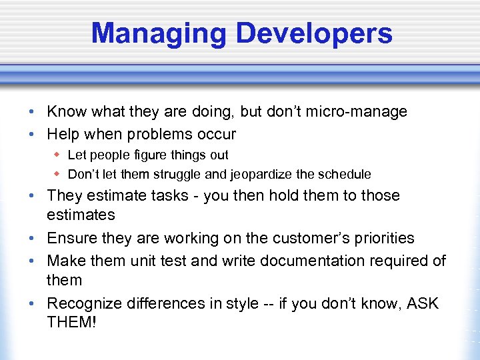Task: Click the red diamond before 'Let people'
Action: point(58,155)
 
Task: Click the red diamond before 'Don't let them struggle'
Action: point(58,174)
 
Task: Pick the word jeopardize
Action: point(263,174)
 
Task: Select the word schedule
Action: point(343,174)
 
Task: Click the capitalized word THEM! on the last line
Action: point(73,322)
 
